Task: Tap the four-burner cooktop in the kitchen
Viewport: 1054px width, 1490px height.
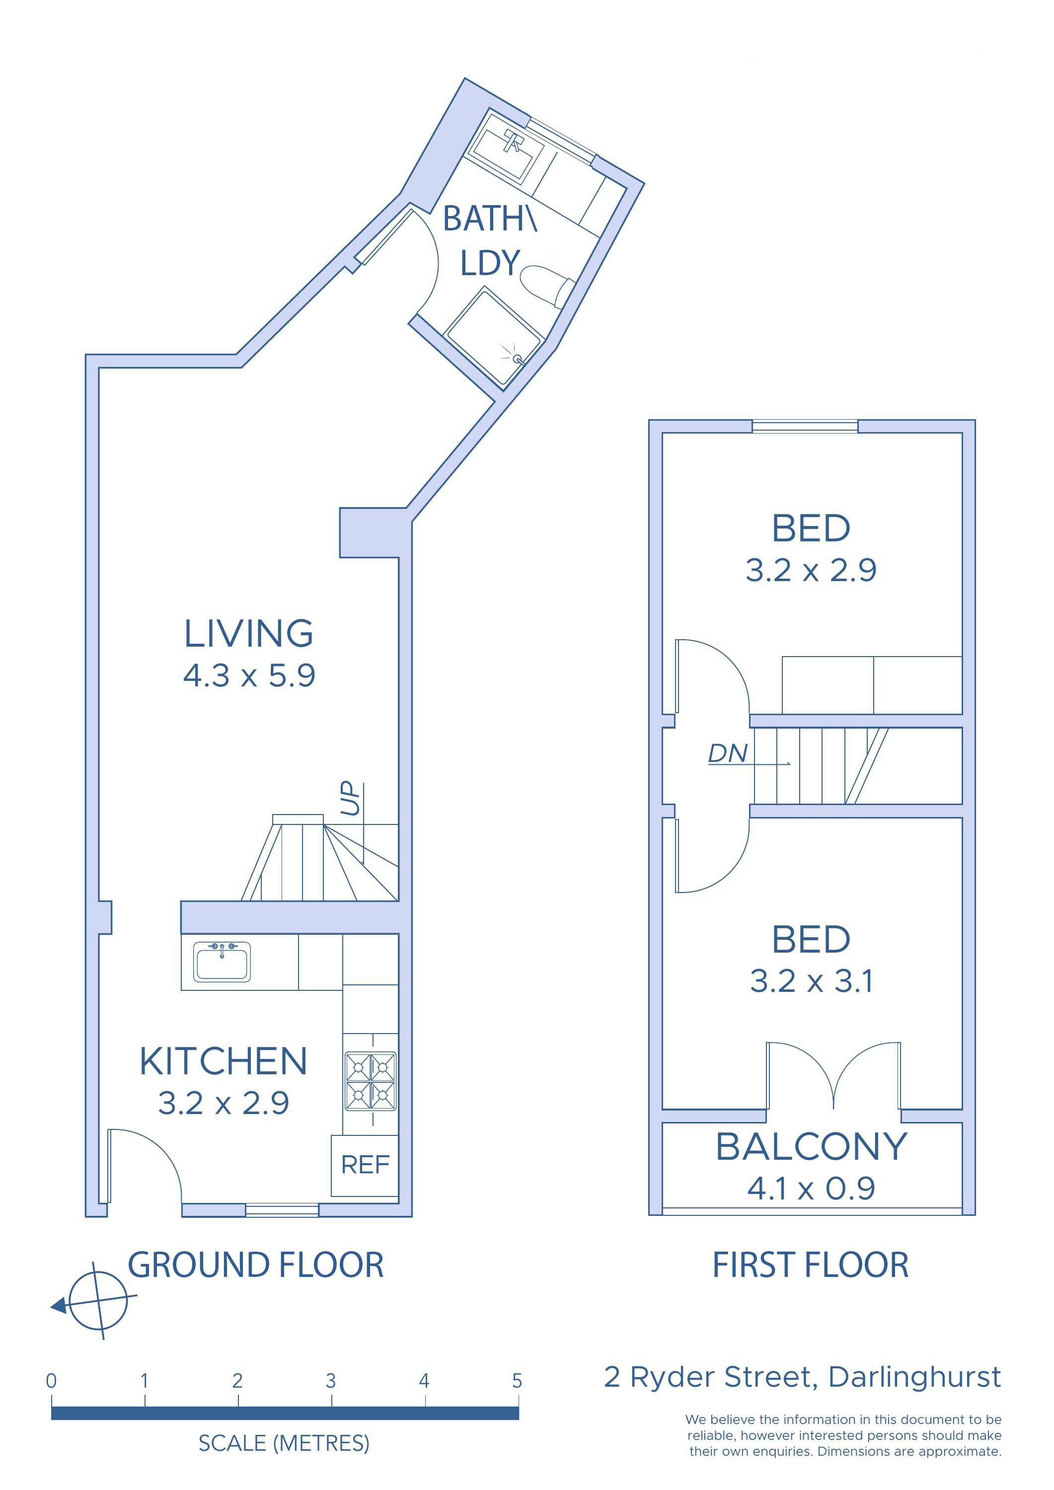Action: (x=371, y=1081)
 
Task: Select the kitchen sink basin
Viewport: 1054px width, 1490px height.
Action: (x=222, y=962)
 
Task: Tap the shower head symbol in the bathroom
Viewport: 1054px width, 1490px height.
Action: (x=517, y=358)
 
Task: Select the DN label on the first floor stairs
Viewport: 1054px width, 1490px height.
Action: (x=728, y=753)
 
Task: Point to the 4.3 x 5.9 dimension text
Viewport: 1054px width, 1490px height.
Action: (x=249, y=675)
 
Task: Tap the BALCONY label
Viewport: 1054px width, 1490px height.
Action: (x=811, y=1147)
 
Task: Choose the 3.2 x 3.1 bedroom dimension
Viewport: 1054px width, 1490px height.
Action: (x=811, y=980)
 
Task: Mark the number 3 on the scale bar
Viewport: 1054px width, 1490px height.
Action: (x=331, y=1381)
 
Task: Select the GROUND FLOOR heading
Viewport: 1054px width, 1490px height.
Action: (x=256, y=1265)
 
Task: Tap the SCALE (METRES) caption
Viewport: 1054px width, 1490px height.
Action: (x=284, y=1443)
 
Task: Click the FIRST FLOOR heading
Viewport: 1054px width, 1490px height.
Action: (x=811, y=1265)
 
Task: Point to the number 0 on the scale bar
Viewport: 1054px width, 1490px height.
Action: (x=51, y=1381)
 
